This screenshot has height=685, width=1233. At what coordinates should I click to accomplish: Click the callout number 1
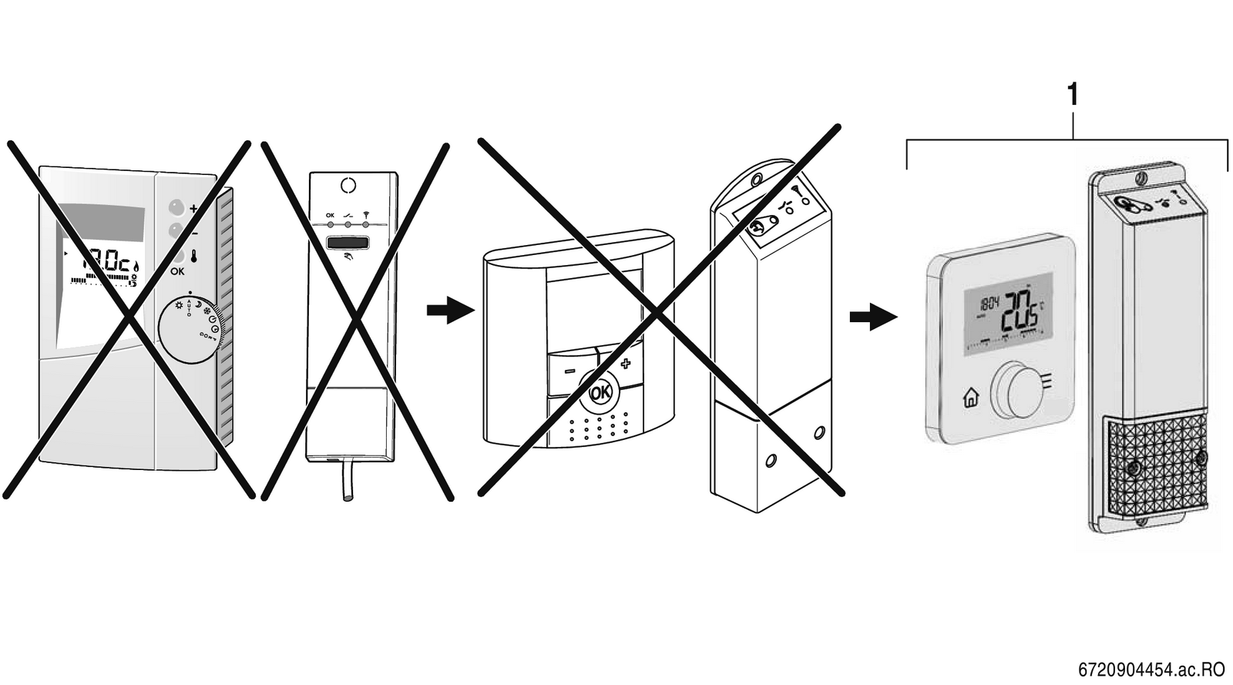(1072, 96)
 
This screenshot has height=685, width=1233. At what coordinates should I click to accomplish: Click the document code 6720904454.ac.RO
(1151, 669)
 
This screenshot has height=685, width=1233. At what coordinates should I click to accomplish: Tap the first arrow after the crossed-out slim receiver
(449, 311)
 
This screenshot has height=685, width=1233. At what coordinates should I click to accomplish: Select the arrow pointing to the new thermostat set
(873, 316)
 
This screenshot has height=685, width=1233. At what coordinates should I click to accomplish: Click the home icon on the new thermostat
(970, 398)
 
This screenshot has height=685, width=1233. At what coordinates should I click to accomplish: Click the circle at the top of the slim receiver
(348, 185)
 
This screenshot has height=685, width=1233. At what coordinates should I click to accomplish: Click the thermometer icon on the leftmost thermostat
(193, 255)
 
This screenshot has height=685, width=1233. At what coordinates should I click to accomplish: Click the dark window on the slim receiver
(348, 243)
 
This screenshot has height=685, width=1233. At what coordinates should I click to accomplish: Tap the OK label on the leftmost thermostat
(177, 271)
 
